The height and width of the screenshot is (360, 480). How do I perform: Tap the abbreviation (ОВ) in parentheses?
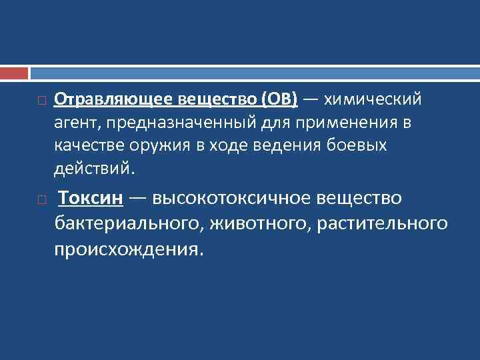279,100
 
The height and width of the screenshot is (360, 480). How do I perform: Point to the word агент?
75,123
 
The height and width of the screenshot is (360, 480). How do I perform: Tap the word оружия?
156,146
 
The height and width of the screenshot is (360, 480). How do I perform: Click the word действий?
94,169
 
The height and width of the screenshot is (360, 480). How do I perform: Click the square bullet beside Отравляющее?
41,101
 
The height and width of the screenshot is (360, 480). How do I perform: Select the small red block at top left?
14,72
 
